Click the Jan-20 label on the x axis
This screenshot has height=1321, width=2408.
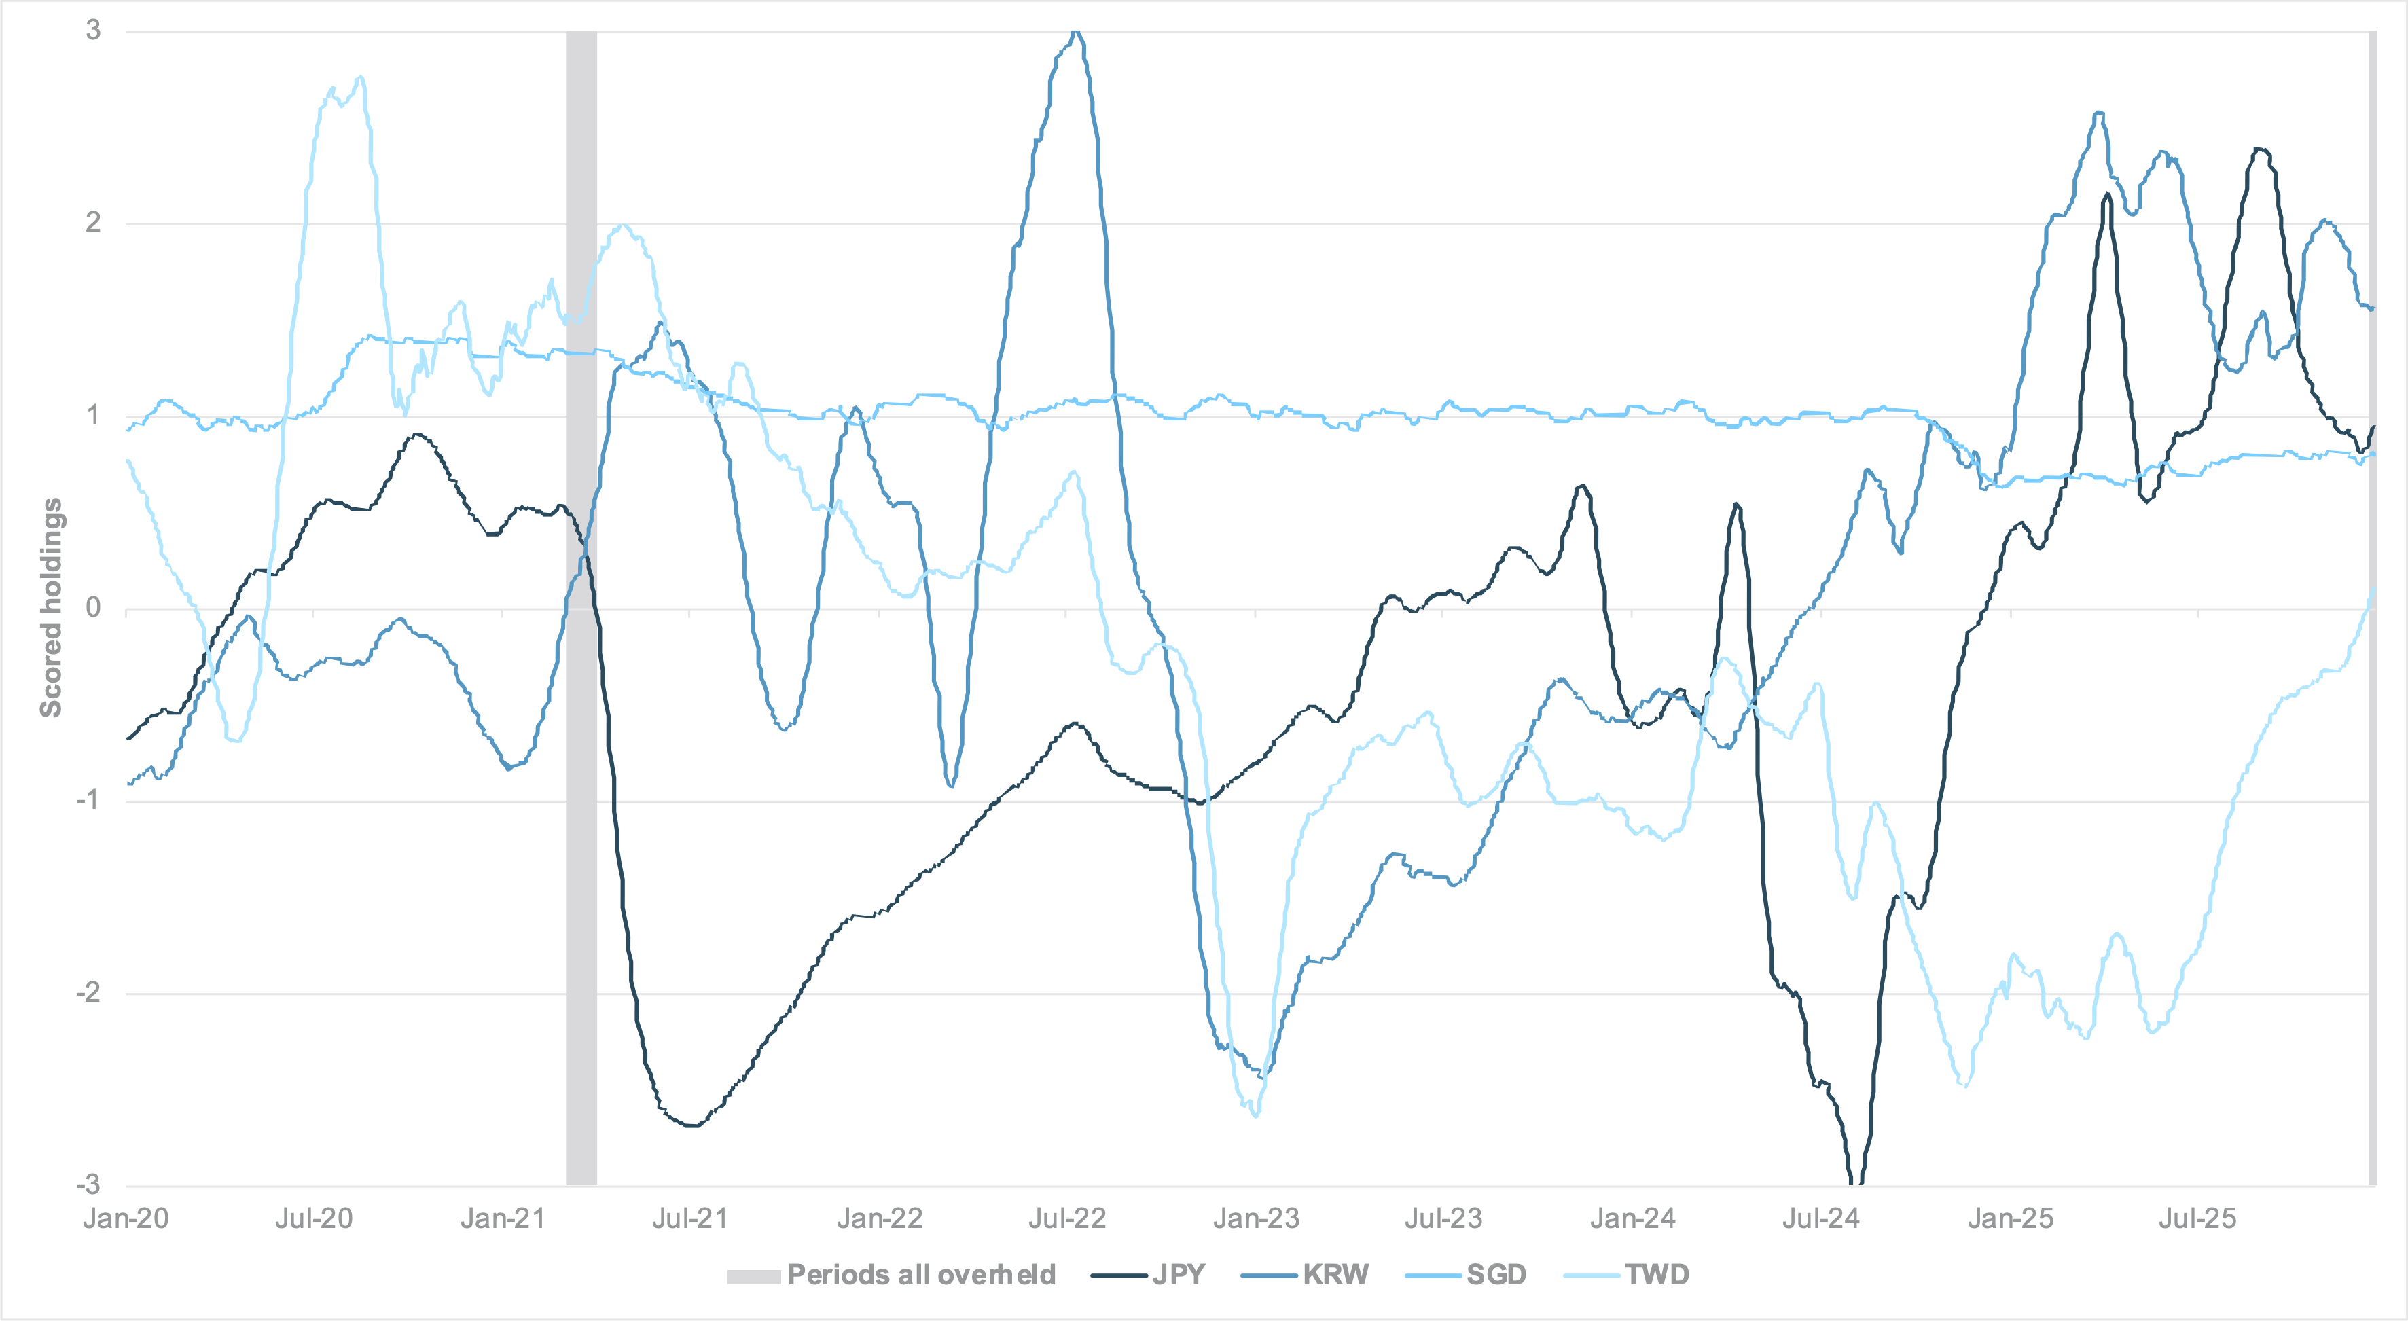(126, 1218)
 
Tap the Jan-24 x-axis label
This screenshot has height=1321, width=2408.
(1632, 1218)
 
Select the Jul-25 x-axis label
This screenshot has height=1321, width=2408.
(2197, 1218)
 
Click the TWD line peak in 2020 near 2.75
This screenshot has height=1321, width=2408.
(360, 77)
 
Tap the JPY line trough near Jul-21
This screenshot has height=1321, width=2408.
(691, 1125)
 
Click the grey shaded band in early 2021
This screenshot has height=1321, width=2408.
(581, 608)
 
